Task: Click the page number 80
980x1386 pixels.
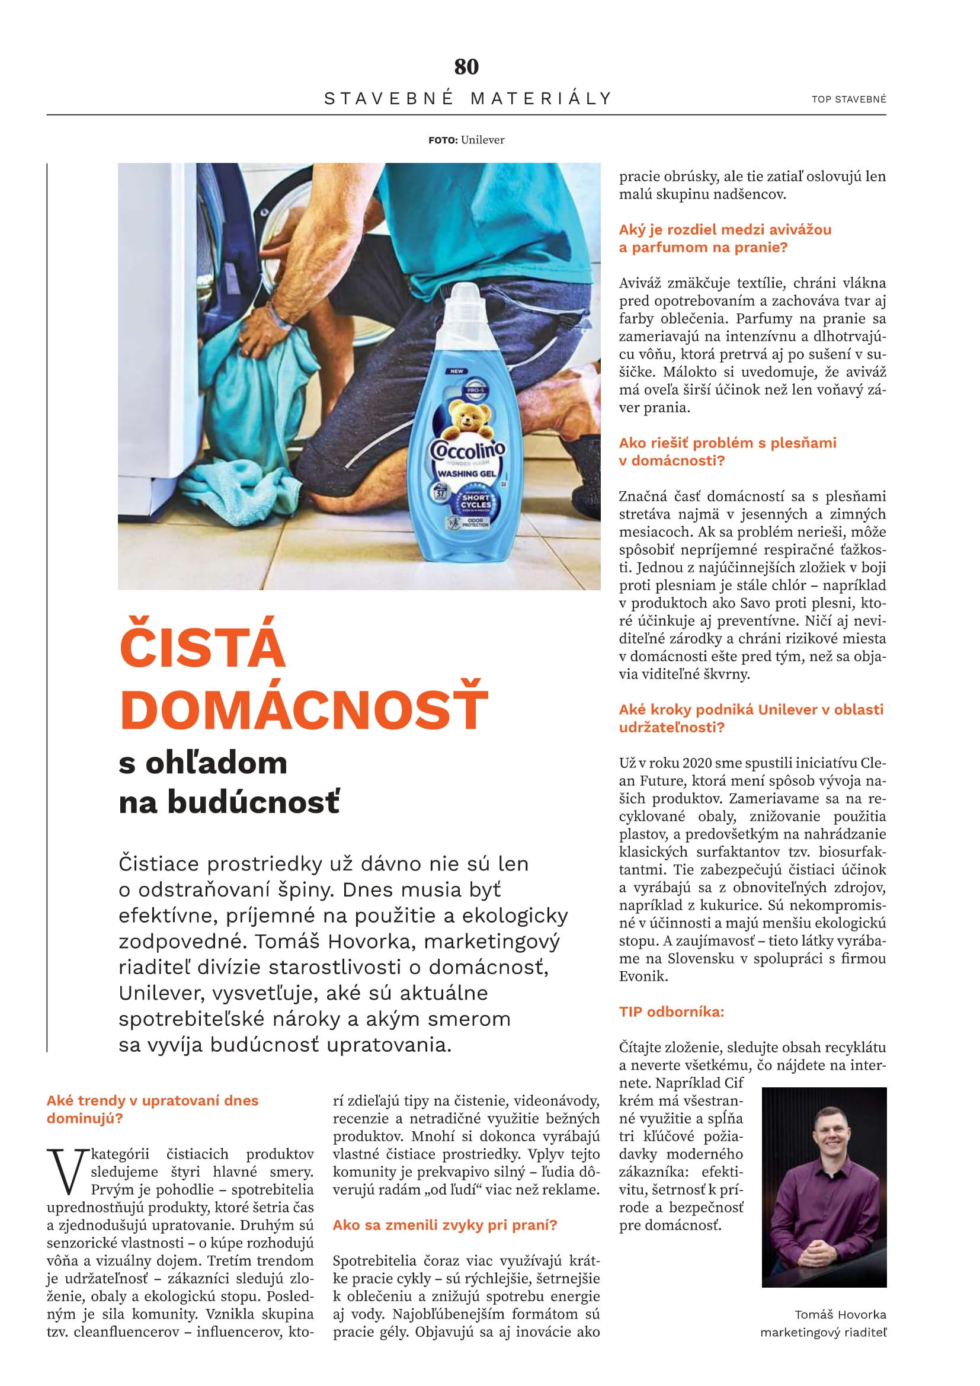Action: [x=466, y=66]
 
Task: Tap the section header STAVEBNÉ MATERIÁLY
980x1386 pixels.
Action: [x=468, y=98]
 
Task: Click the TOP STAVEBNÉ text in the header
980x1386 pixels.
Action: [x=848, y=100]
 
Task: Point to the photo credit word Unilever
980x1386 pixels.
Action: [x=483, y=140]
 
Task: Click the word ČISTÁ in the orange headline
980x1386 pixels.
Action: [x=203, y=645]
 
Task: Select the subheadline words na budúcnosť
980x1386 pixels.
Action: [x=229, y=802]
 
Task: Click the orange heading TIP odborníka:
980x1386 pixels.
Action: [x=671, y=1012]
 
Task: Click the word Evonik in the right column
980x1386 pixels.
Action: [x=642, y=977]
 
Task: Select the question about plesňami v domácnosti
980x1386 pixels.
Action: [x=727, y=452]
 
